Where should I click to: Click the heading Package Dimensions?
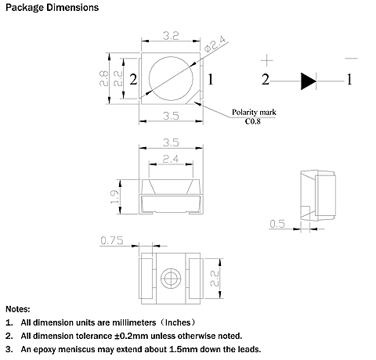click(52, 8)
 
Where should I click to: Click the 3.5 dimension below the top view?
click(171, 116)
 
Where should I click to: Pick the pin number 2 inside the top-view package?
click(134, 79)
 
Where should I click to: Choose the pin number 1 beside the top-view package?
click(210, 78)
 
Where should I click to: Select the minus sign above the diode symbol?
click(350, 57)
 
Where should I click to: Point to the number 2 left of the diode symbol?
click(266, 79)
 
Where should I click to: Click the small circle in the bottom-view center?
click(171, 279)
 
